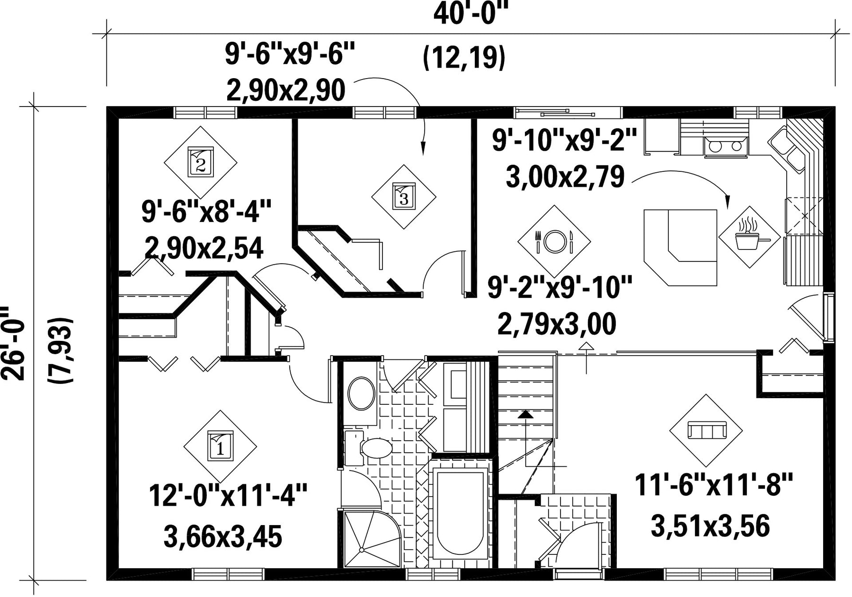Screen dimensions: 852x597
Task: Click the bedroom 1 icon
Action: pyautogui.click(x=220, y=446)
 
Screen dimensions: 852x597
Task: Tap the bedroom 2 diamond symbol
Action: pyautogui.click(x=201, y=162)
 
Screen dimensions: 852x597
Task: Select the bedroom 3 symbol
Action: pyautogui.click(x=404, y=197)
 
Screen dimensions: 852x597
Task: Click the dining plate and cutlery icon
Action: pyautogui.click(x=554, y=241)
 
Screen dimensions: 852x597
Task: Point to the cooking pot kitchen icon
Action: pyautogui.click(x=749, y=236)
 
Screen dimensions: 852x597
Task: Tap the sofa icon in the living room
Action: pyautogui.click(x=706, y=431)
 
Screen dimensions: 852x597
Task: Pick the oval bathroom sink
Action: pyautogui.click(x=361, y=393)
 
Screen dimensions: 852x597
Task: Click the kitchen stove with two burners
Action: pyautogui.click(x=726, y=146)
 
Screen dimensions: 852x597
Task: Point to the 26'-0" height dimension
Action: pyautogui.click(x=13, y=343)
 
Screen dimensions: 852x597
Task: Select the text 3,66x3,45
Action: pyautogui.click(x=222, y=537)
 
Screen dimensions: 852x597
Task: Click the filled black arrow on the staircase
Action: pyautogui.click(x=525, y=415)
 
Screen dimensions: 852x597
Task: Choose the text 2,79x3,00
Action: pyautogui.click(x=557, y=324)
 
